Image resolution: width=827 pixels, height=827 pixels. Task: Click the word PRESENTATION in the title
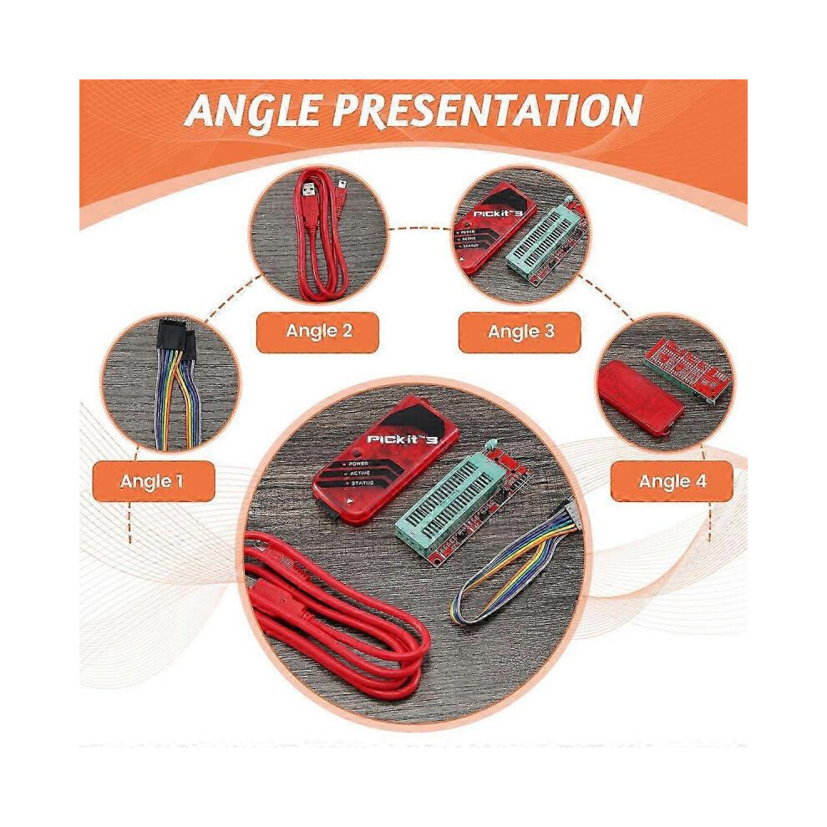(x=486, y=111)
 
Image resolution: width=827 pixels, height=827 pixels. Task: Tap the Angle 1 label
(x=152, y=481)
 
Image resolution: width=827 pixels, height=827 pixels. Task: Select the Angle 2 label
(x=318, y=332)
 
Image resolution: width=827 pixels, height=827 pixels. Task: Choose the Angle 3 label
(x=520, y=332)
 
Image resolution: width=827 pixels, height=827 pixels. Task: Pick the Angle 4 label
(x=672, y=481)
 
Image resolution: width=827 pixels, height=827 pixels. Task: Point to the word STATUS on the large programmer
(x=363, y=483)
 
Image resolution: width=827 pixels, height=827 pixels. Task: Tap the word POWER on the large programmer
(x=358, y=464)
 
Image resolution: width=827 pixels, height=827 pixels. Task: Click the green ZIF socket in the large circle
(x=449, y=499)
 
